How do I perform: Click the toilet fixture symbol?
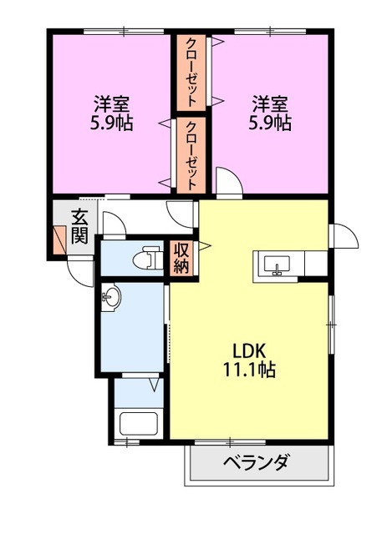[x=147, y=257]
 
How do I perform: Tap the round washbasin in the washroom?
[x=110, y=297]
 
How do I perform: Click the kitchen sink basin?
[x=277, y=264]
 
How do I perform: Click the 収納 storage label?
[x=181, y=257]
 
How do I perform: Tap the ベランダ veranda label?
[x=257, y=462]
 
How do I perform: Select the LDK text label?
[x=249, y=351]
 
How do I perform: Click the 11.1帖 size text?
[x=249, y=369]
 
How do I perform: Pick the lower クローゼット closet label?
[x=191, y=155]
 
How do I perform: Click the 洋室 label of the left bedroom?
[x=111, y=104]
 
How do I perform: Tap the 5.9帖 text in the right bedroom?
[x=269, y=123]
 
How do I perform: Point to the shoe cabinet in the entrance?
[x=59, y=239]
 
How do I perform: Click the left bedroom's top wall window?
[x=124, y=32]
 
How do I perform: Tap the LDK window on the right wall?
[x=331, y=325]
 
